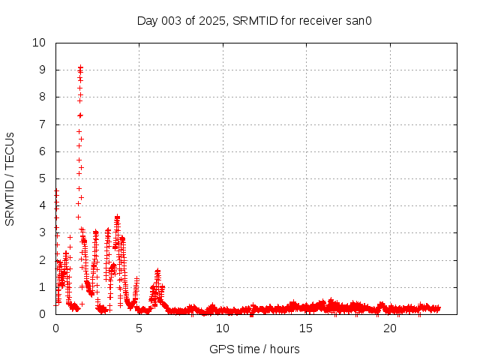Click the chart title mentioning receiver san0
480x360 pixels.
tap(254, 20)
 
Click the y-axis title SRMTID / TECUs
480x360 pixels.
tap(10, 178)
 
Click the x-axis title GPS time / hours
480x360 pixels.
tap(254, 349)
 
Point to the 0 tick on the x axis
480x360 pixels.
tap(55, 328)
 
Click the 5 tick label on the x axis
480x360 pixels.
tap(139, 328)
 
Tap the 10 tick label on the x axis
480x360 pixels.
tap(223, 328)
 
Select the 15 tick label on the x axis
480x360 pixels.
tap(306, 328)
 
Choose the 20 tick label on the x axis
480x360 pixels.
tap(390, 328)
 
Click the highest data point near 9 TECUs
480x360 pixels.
tap(80, 67)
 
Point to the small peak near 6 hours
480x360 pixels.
tap(157, 271)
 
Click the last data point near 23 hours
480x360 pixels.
tap(438, 308)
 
